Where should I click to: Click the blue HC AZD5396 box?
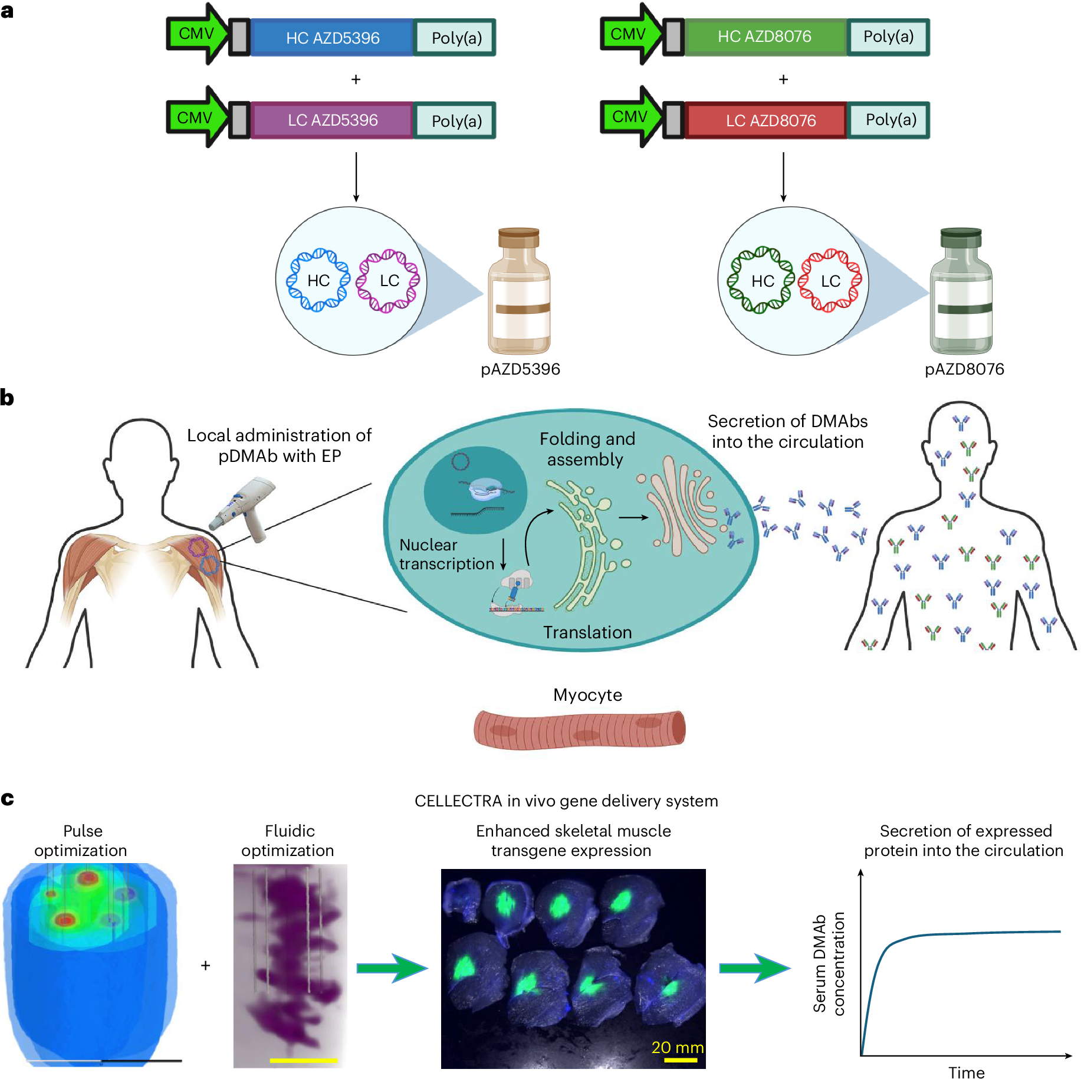click(x=332, y=38)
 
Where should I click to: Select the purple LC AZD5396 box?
click(x=332, y=120)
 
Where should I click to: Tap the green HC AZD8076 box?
click(x=765, y=37)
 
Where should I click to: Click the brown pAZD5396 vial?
click(x=519, y=292)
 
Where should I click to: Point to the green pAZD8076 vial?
click(x=961, y=292)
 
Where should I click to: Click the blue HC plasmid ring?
click(x=318, y=280)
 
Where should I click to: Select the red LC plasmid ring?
click(x=830, y=281)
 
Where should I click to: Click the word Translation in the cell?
click(x=587, y=632)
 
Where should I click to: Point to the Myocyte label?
click(x=587, y=695)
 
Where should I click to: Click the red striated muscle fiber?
click(x=579, y=730)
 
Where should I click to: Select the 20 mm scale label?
click(x=677, y=1047)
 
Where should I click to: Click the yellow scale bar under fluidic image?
click(x=303, y=1060)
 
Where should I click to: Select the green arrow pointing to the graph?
click(x=754, y=968)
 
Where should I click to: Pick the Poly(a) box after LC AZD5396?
click(x=456, y=121)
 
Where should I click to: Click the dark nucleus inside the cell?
click(x=475, y=490)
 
